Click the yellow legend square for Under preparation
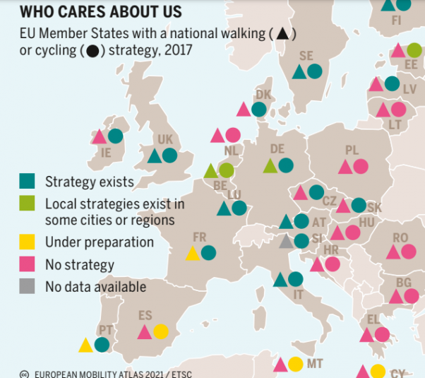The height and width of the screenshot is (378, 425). [27, 242]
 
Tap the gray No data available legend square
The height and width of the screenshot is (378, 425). [27, 286]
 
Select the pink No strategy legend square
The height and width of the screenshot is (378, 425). [27, 265]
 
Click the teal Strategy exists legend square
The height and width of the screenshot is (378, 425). [27, 182]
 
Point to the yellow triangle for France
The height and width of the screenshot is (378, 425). [193, 253]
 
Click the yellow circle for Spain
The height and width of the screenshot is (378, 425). [161, 331]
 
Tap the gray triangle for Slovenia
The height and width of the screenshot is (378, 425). [286, 242]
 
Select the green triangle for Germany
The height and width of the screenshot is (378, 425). [270, 166]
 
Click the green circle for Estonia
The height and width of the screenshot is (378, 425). [414, 50]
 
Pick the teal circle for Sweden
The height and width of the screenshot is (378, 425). [314, 71]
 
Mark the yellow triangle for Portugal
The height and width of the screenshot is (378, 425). [86, 345]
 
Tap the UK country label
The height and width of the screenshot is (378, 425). [165, 139]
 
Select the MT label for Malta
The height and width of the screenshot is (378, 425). [315, 364]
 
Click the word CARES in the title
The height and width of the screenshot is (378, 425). [88, 12]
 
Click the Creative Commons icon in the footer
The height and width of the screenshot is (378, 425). [24, 374]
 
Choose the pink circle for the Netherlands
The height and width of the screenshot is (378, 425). [233, 135]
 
